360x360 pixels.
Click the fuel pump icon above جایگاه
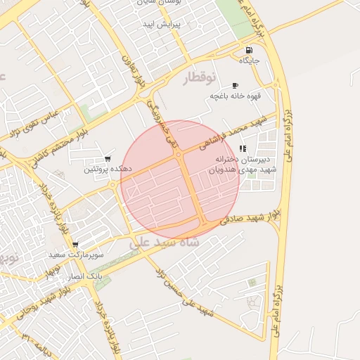[x=250, y=51]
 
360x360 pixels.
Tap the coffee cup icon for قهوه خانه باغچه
[x=235, y=86]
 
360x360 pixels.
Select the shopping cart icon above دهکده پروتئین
[x=107, y=159]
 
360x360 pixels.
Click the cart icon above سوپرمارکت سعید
[x=75, y=244]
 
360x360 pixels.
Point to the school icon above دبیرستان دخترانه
[x=243, y=148]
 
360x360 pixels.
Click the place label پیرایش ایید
[x=162, y=23]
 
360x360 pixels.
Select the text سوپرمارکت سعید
[x=76, y=254]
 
